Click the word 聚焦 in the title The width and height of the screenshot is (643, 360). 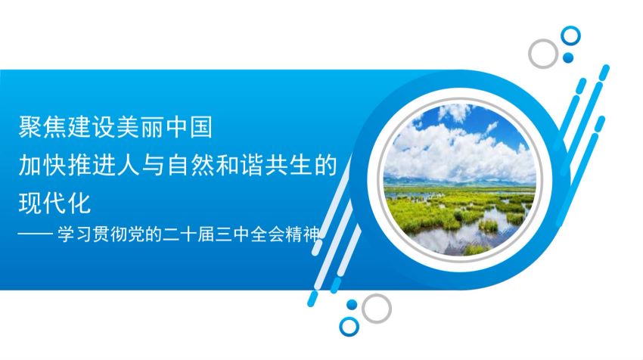[x=42, y=127]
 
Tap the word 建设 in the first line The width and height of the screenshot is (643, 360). [x=92, y=127]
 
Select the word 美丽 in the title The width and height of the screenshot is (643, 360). [x=140, y=127]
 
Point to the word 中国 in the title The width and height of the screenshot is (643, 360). [x=189, y=127]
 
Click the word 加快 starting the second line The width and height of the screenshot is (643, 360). [x=42, y=165]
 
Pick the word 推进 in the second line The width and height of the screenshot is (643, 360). [x=92, y=165]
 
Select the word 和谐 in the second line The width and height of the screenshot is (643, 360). [x=240, y=165]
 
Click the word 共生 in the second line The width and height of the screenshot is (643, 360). [x=289, y=165]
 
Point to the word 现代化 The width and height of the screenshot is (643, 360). [x=54, y=203]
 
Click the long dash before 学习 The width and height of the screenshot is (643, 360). [x=36, y=234]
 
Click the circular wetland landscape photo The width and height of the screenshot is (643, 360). [x=459, y=180]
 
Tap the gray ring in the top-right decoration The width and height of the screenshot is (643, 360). [x=530, y=53]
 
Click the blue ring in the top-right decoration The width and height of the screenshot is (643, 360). [x=563, y=36]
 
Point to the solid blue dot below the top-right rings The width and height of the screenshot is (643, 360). [x=568, y=57]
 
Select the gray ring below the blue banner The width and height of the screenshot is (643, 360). [x=363, y=309]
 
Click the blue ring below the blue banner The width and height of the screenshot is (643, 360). [x=341, y=327]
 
